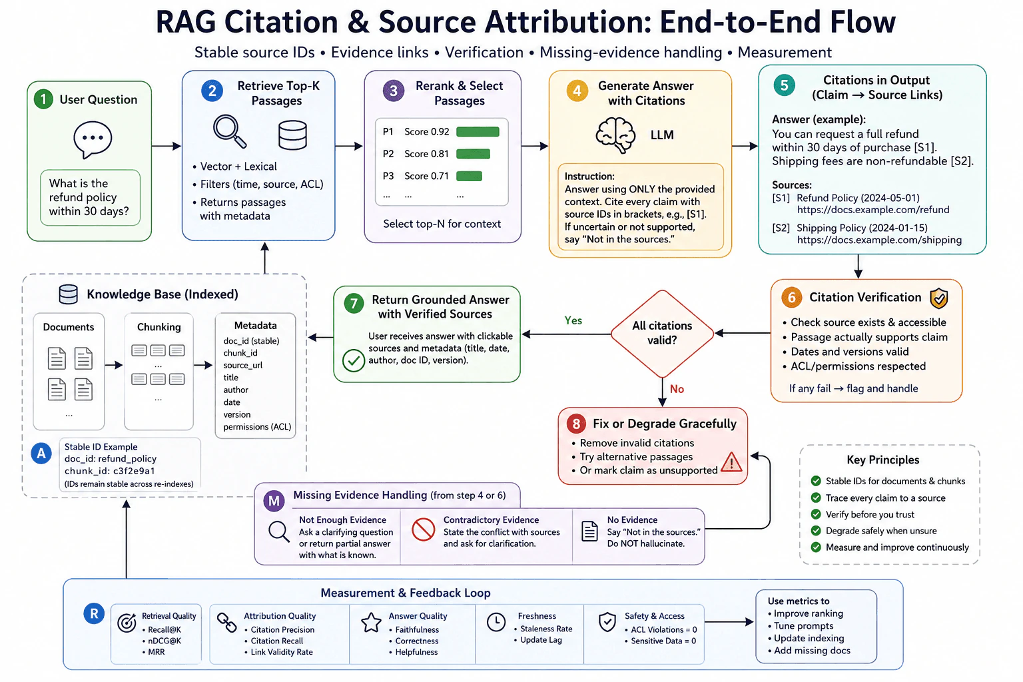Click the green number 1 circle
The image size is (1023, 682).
[x=43, y=99]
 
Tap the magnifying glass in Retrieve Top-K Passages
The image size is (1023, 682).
[x=230, y=132]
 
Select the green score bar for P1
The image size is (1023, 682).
[x=478, y=132]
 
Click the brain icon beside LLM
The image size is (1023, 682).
[x=615, y=135]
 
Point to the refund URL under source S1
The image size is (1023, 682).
[x=872, y=210]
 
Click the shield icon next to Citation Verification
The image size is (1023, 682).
[x=939, y=298]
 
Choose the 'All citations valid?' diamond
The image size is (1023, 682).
[x=662, y=334]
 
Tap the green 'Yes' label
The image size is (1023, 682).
[x=573, y=320]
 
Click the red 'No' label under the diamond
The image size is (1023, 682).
[x=677, y=389]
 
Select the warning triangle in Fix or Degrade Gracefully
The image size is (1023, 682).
[x=731, y=462]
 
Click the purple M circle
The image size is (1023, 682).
[x=274, y=501]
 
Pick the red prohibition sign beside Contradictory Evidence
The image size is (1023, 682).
[x=423, y=529]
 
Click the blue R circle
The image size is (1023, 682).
[x=94, y=613]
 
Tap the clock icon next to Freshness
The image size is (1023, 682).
[x=496, y=622]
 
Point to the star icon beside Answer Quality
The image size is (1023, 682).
[x=371, y=623]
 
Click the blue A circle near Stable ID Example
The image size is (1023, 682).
[x=41, y=453]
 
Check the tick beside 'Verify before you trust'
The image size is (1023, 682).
[x=816, y=514]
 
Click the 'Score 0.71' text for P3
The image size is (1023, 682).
[x=426, y=176]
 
